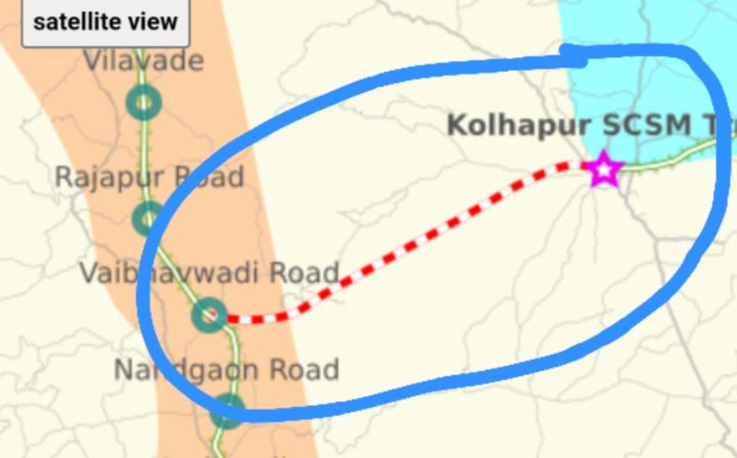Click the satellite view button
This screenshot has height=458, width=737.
tap(105, 23)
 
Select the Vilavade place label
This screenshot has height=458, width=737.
tap(143, 61)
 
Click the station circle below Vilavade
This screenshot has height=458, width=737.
tap(143, 103)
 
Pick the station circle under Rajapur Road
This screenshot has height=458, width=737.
tap(147, 218)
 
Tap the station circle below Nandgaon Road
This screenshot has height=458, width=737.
tap(228, 411)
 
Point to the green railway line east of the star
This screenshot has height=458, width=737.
tap(669, 159)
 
